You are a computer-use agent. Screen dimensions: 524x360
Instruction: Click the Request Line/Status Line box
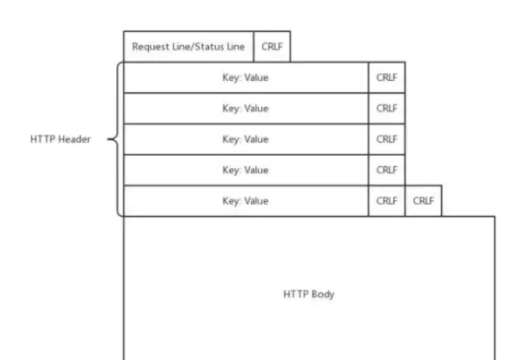tap(189, 47)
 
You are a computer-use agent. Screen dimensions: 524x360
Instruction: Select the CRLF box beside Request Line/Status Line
tap(272, 47)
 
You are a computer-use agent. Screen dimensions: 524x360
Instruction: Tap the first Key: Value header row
tap(246, 78)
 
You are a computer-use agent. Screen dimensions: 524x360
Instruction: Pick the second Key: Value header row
tap(246, 108)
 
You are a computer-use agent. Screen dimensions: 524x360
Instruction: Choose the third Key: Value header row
tap(246, 139)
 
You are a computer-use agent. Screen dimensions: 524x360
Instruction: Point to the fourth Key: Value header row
tap(246, 170)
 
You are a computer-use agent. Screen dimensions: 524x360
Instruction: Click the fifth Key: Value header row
tap(246, 200)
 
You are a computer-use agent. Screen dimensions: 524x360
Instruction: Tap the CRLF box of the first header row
tap(387, 78)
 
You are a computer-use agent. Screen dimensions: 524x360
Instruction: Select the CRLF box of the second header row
tap(387, 108)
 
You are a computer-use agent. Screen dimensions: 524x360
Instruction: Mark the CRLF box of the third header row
tap(387, 139)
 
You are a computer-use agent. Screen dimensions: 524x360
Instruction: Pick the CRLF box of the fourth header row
tap(387, 170)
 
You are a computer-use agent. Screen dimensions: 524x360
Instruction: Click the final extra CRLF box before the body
tap(423, 200)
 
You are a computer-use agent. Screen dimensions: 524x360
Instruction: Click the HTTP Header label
tap(58, 140)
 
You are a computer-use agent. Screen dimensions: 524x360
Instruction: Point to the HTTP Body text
tap(308, 295)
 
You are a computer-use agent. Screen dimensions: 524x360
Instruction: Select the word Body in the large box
tap(323, 295)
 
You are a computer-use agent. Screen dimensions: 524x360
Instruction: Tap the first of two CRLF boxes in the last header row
tap(387, 200)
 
